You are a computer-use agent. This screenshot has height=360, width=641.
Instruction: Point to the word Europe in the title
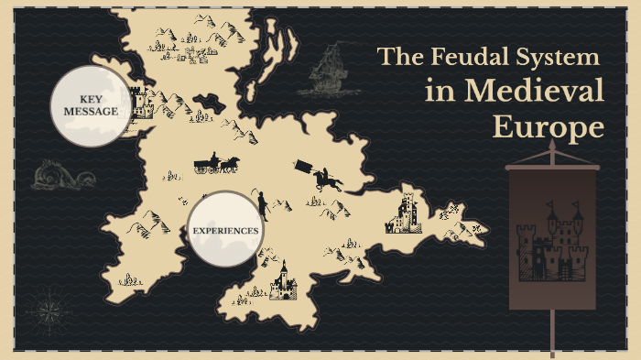549,126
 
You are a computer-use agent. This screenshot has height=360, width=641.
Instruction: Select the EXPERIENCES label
224,230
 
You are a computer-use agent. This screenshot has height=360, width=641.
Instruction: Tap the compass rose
43,310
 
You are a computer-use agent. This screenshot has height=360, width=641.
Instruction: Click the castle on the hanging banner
551,242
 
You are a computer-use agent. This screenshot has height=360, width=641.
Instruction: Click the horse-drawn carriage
216,164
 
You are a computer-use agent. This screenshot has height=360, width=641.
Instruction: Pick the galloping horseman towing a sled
320,175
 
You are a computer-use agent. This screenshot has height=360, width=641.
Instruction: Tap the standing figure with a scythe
262,203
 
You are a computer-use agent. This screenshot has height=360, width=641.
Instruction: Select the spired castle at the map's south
283,281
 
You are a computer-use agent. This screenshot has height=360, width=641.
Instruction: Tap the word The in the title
397,57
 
